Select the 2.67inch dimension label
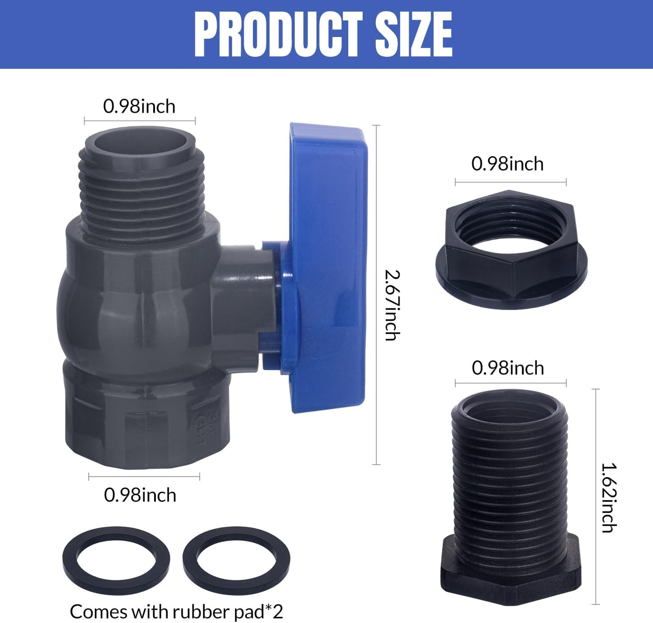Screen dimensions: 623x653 pos(392,304)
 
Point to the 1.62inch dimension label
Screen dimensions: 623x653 pos(609,497)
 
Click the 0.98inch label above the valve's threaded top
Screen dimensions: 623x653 pos(139,107)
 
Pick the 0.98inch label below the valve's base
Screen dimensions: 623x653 pos(140,495)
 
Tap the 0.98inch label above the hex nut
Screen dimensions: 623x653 pos(507,164)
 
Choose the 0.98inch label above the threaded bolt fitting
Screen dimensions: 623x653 pos(507,368)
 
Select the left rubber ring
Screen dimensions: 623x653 pos(116,560)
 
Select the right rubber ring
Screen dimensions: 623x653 pos(236,560)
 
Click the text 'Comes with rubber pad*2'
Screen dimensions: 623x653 pos(176,612)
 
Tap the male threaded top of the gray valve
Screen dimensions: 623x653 pos(141,185)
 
